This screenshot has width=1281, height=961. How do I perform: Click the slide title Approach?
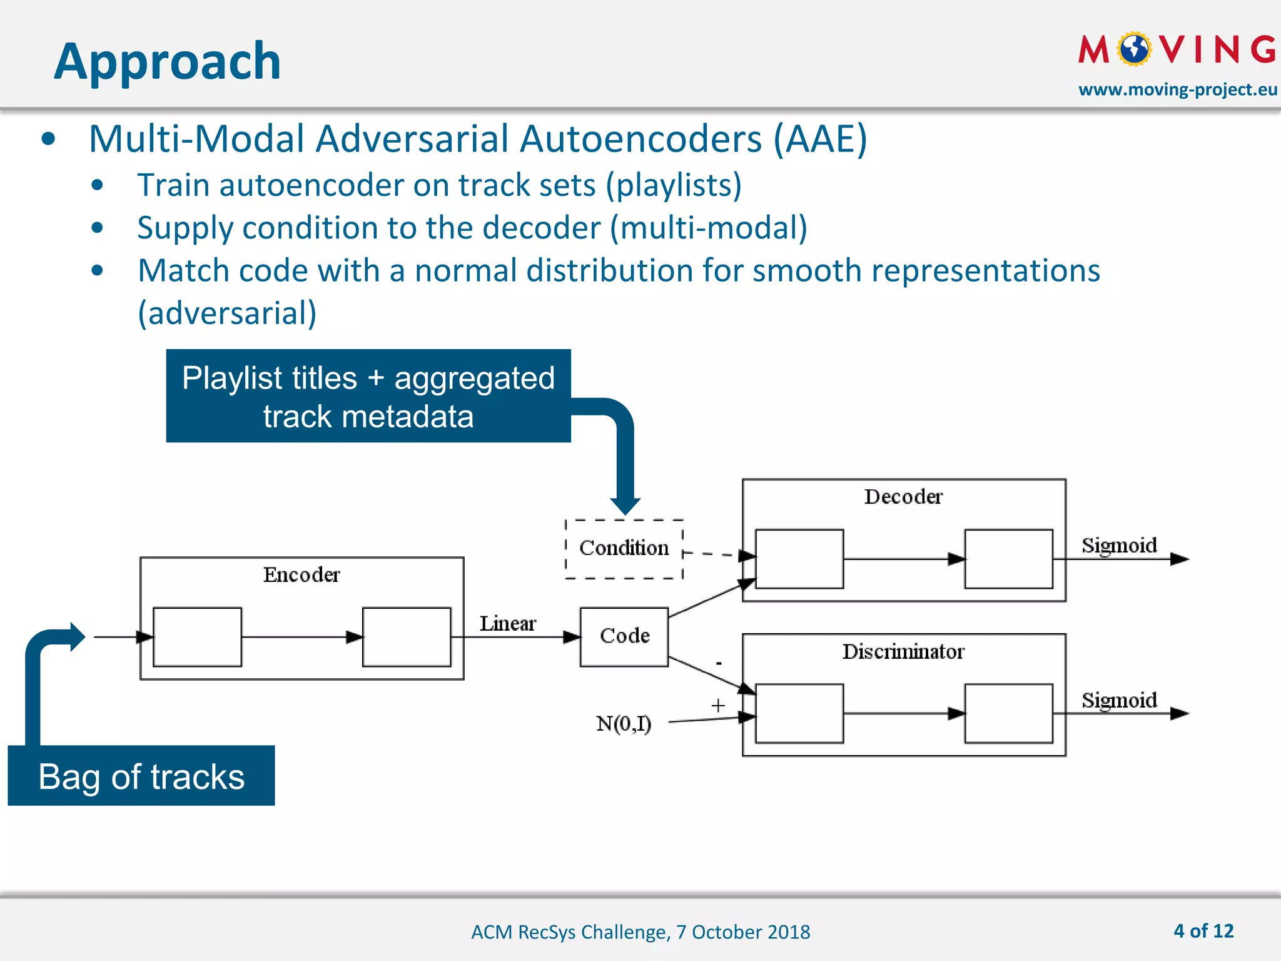[x=167, y=61]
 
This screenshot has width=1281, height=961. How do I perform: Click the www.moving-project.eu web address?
[x=1177, y=89]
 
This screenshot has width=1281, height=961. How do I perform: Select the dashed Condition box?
[x=624, y=549]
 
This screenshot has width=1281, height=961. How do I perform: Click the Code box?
[x=624, y=636]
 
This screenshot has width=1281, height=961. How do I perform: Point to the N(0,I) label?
[x=624, y=724]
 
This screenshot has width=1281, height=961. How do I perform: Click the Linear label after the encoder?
[x=507, y=624]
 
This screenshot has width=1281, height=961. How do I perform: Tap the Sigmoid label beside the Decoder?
[x=1119, y=545]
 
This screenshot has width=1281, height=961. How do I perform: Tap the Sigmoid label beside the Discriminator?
[x=1119, y=699]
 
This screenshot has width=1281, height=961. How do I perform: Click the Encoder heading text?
[x=301, y=574]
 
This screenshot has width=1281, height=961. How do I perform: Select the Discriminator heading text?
[x=903, y=651]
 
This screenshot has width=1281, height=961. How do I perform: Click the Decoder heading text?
[x=903, y=497]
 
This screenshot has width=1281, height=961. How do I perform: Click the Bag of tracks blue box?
[x=141, y=776]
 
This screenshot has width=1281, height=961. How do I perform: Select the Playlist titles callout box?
[x=368, y=396]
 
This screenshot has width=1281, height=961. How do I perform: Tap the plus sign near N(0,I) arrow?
[x=718, y=706]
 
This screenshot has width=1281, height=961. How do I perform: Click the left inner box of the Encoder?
[x=197, y=636]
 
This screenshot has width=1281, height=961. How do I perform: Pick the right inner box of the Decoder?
[x=1008, y=559]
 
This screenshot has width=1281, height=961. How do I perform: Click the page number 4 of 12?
[x=1203, y=931]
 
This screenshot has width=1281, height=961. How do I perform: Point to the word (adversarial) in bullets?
[x=227, y=313]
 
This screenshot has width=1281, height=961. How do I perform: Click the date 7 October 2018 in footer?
[x=742, y=932]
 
